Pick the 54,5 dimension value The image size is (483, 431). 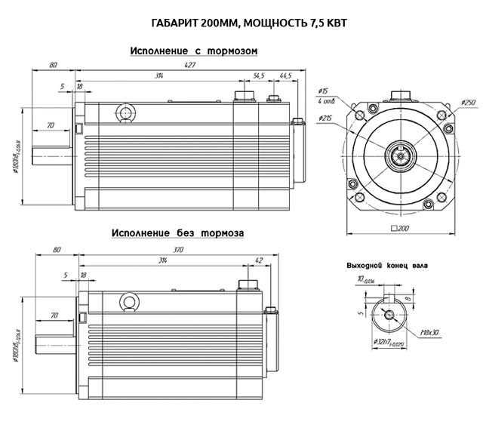[x=259, y=76]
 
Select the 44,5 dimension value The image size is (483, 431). [x=285, y=76]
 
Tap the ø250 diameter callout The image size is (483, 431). [x=469, y=103]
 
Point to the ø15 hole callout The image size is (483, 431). [x=325, y=91]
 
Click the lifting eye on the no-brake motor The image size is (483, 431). [x=129, y=303]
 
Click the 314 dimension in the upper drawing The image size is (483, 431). [x=159, y=76]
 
